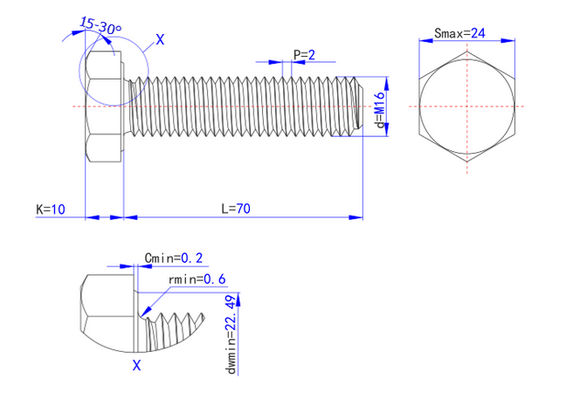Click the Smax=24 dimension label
click(x=459, y=33)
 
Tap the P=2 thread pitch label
click(x=304, y=55)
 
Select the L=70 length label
click(x=235, y=209)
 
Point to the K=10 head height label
click(x=51, y=209)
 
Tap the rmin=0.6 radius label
click(x=197, y=279)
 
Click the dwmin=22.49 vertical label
click(x=231, y=334)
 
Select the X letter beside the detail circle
click(x=159, y=39)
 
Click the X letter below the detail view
click(x=136, y=367)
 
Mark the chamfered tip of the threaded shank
click(x=357, y=107)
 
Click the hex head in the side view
click(x=103, y=107)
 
